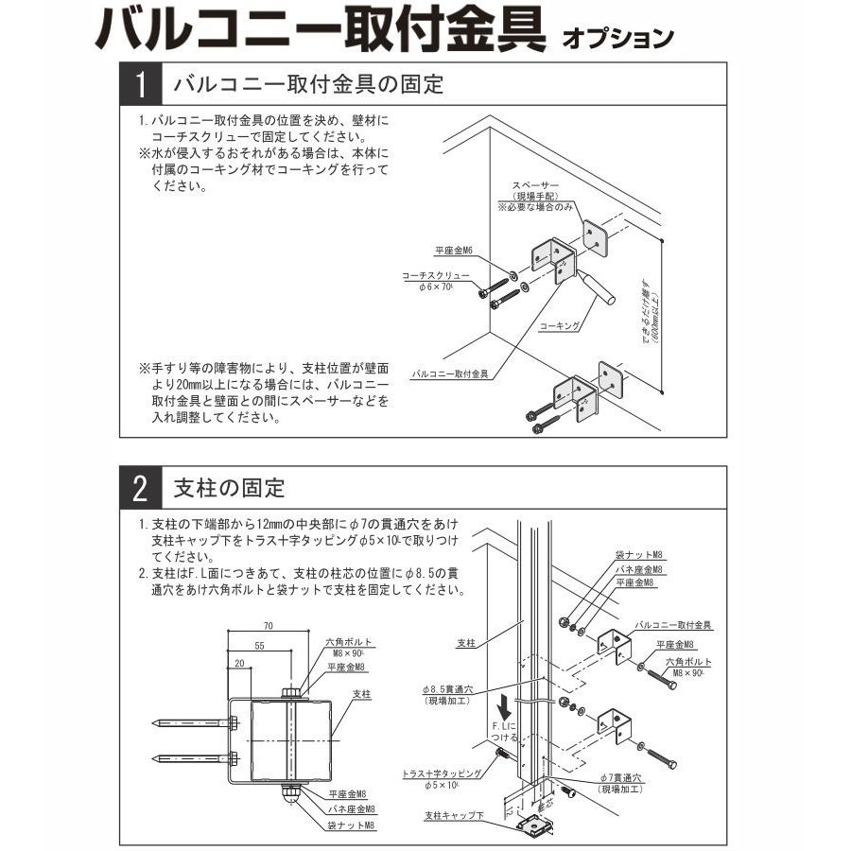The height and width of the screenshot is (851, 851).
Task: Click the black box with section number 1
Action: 140,85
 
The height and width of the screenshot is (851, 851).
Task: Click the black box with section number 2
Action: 140,489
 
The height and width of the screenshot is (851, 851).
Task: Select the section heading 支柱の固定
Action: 230,489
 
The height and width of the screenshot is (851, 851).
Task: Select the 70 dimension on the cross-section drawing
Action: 269,626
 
